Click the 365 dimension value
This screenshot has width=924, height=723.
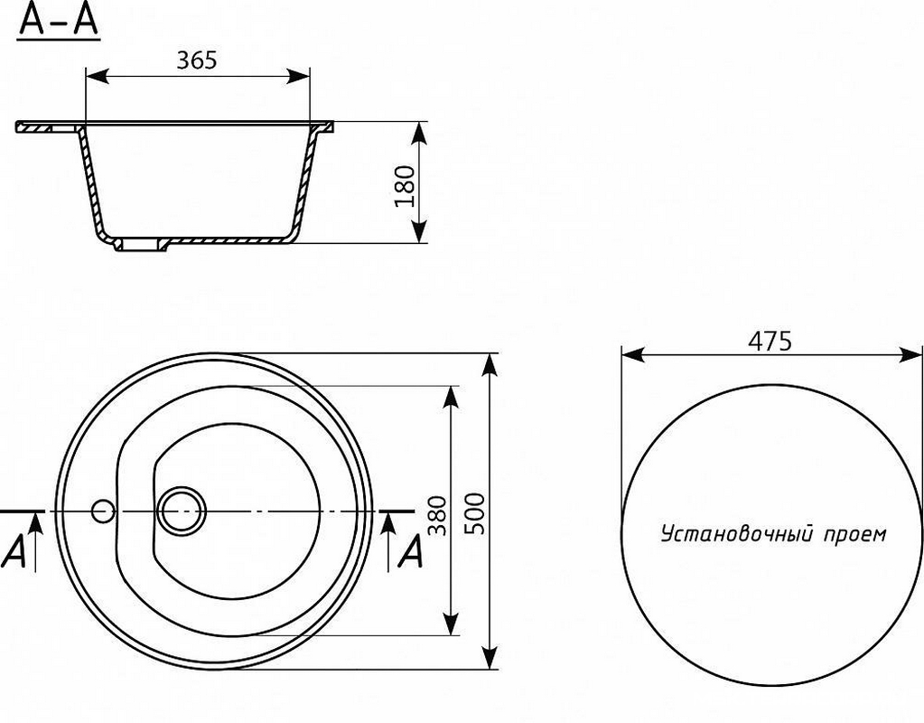pos(197,60)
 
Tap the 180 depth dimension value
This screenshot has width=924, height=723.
pos(405,186)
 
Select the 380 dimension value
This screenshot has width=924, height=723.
pos(436,515)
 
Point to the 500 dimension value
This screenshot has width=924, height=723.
pos(474,513)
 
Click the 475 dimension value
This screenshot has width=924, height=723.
pos(770,341)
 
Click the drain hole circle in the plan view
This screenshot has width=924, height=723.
pos(182,510)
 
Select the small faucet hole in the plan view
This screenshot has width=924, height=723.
pos(103,512)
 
